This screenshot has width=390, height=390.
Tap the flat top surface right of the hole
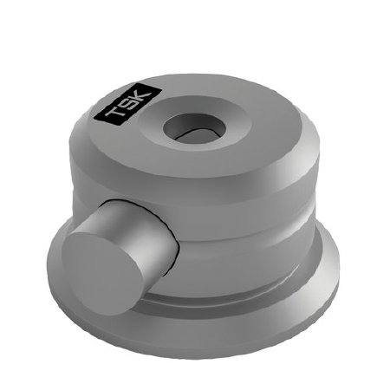coord(260,130)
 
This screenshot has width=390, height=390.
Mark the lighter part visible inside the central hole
coord(185,134)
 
